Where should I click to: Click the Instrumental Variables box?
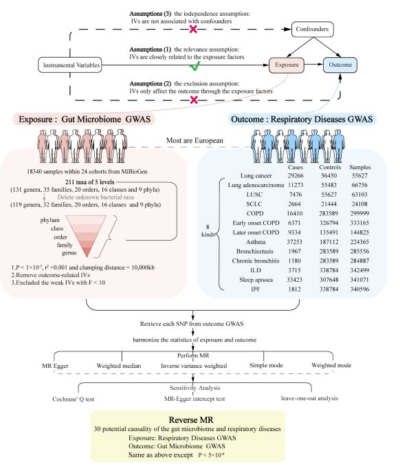point(70,66)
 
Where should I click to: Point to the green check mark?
point(195,67)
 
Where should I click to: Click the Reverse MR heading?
point(199,419)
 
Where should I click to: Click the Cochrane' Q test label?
point(77,398)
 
